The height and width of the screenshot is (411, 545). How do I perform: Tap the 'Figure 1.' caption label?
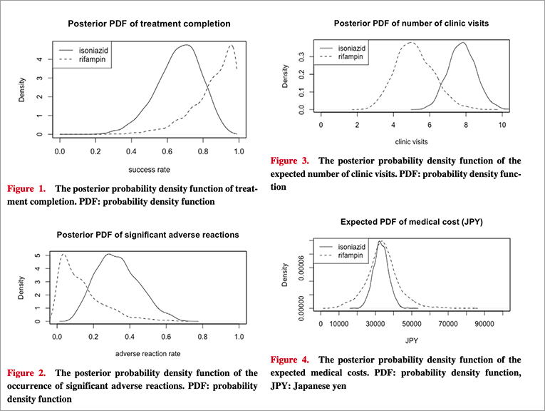point(26,189)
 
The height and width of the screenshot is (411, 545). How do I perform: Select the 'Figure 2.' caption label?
point(26,372)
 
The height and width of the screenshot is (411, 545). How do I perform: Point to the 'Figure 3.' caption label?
point(291,161)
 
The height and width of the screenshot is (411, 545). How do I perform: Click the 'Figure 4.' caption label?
point(291,360)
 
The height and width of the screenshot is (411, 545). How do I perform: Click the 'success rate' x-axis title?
point(148,171)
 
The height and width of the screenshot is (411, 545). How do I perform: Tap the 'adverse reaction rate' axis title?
point(148,355)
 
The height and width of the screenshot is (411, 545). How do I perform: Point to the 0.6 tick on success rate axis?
point(167,151)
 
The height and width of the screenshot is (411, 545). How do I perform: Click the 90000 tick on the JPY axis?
point(484,323)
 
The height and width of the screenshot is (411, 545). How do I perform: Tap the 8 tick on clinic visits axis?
point(465,124)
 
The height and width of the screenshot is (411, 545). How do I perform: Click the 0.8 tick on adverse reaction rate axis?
point(202,336)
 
